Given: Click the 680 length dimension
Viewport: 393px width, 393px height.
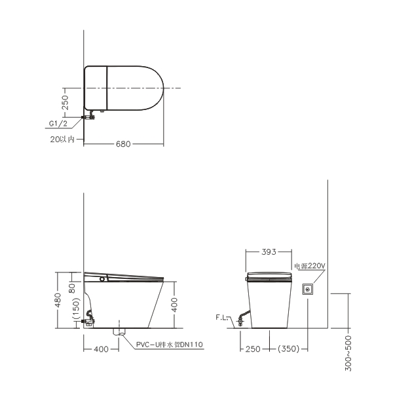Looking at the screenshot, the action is coord(123,144).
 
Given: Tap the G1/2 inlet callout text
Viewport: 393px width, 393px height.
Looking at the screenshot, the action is coord(58,124).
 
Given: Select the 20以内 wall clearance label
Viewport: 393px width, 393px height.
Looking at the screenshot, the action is coord(62,140).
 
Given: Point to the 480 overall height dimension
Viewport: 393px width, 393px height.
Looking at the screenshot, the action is coord(58,300).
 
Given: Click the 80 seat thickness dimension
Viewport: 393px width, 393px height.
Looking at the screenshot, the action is coord(72,288).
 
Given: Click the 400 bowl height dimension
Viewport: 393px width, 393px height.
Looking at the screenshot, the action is coord(174,305).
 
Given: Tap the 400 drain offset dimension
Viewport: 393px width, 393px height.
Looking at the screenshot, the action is coord(102,349).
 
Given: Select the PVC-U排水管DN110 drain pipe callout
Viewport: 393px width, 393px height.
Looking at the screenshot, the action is coord(170,345).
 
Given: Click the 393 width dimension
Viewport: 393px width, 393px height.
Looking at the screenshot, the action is coord(269,252).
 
